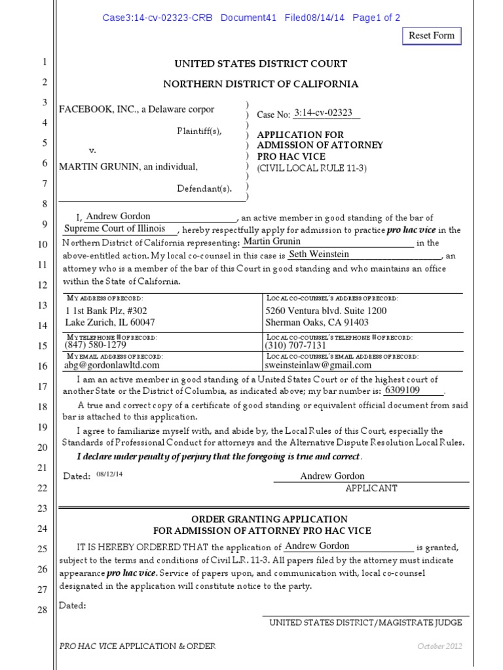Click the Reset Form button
pos(432,35)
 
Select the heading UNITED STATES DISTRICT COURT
pos(260,63)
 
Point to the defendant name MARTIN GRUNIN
pos(98,166)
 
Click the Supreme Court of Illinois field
pos(115,229)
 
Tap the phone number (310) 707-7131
pos(295,345)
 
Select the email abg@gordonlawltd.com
pos(111,365)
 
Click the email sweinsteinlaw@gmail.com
pos(318,365)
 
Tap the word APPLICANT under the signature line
pos(371,488)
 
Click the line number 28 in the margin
pos(43,610)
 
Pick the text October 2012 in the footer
pos(440,646)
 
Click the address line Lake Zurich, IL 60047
pos(109,322)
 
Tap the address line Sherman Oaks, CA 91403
pos(316,322)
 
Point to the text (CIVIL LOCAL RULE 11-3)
pos(312,168)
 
